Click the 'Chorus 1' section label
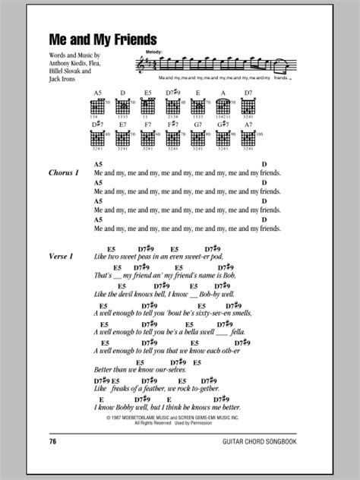pos(65,173)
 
